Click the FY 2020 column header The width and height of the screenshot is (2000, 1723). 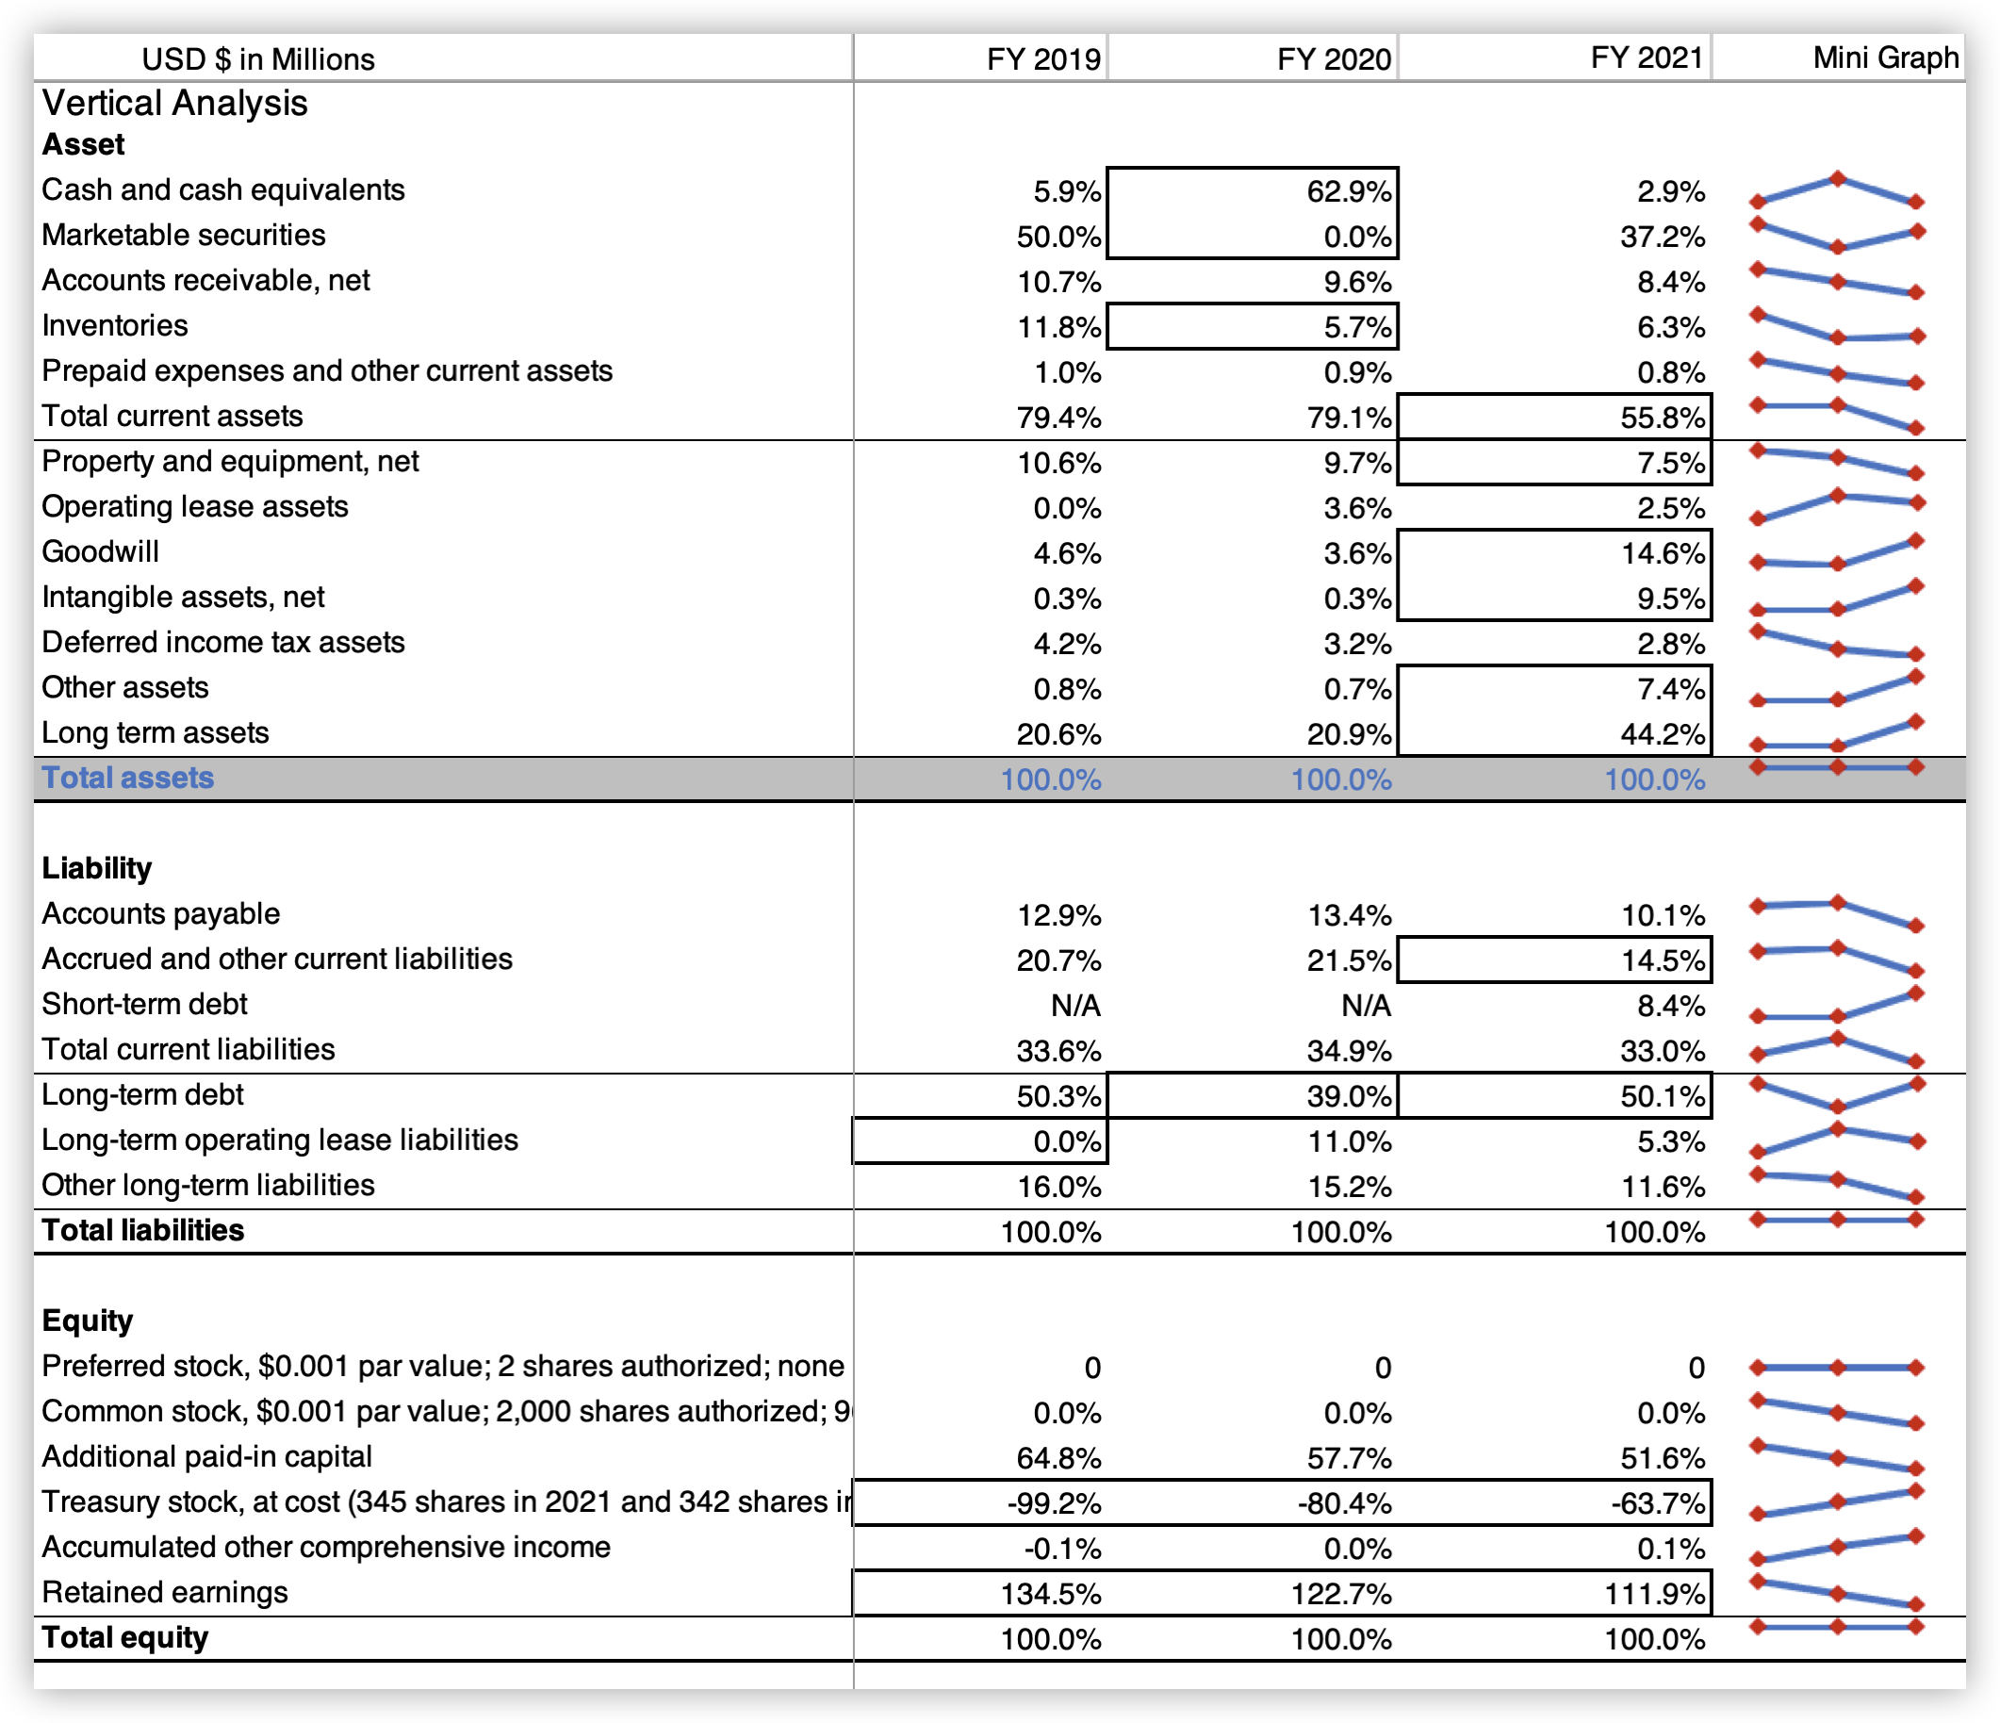[1334, 58]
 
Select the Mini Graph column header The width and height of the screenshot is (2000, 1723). [1886, 57]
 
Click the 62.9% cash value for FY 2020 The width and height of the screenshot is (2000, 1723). [1350, 191]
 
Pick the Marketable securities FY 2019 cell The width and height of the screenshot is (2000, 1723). [1058, 237]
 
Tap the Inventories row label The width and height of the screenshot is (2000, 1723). [115, 325]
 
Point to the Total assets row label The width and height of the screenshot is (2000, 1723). [127, 777]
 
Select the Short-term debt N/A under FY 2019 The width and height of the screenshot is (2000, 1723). [1075, 1006]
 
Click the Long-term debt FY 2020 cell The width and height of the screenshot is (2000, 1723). [1350, 1095]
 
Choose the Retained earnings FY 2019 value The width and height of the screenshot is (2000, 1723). [1051, 1593]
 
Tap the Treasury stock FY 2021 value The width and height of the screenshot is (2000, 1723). [1657, 1503]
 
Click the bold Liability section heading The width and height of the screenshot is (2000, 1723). [96, 868]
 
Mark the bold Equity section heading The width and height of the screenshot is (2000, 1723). [87, 1321]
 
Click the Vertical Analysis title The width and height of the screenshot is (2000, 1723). [174, 103]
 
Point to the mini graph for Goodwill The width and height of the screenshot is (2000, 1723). [1838, 553]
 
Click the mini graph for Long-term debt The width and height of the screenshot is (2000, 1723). [1838, 1094]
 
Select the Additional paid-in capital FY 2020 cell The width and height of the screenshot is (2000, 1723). [1350, 1457]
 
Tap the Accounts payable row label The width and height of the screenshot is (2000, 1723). [160, 913]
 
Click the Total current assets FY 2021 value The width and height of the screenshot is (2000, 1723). [1664, 417]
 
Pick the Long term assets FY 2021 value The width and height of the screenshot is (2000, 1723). [1664, 734]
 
